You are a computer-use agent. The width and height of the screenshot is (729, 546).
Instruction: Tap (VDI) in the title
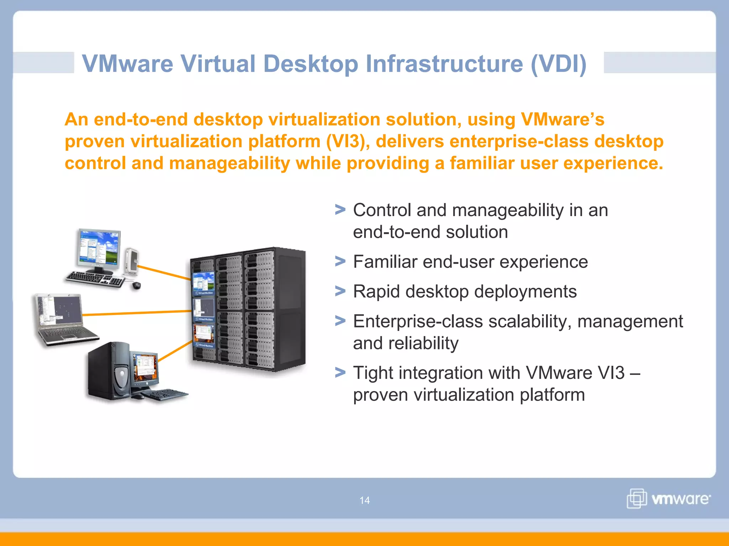pos(558,64)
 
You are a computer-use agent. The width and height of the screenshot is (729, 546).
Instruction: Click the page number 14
pos(364,500)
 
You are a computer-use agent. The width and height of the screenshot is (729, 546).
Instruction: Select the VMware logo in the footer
pos(668,498)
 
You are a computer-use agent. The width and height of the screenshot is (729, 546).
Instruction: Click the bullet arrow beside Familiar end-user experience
pos(340,262)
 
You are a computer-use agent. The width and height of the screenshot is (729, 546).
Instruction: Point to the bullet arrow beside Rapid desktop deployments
pos(340,291)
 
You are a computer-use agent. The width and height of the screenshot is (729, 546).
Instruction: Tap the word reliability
pos(424,343)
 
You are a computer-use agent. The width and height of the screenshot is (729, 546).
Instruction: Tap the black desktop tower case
pos(109,371)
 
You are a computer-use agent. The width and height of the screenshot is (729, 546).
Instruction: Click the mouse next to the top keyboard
pos(137,285)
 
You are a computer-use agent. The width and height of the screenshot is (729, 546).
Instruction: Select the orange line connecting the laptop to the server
pos(137,313)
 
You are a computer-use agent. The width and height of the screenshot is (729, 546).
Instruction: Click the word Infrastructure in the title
pos(444,64)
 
